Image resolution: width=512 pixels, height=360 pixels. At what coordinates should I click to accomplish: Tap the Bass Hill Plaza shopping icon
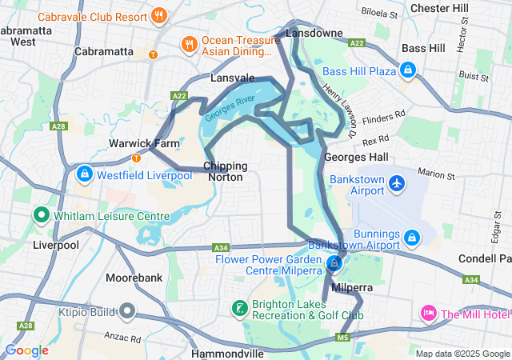click(x=409, y=70)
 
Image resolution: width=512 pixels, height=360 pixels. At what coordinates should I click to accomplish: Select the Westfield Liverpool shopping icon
click(x=84, y=174)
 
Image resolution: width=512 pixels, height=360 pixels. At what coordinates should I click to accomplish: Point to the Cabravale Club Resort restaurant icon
click(x=160, y=14)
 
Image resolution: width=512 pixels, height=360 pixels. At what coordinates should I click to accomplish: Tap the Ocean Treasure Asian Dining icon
click(x=189, y=44)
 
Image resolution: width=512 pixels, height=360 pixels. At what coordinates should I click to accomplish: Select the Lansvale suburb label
click(x=232, y=78)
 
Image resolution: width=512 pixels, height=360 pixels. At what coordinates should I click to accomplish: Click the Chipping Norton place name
click(x=226, y=171)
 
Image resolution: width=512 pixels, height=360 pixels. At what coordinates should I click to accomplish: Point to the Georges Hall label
click(x=356, y=157)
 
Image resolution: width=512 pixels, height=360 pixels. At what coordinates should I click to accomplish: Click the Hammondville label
click(x=228, y=353)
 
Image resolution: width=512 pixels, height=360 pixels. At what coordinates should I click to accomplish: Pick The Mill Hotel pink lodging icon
click(x=428, y=314)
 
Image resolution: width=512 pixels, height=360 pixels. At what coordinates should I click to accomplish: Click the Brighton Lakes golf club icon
click(x=238, y=309)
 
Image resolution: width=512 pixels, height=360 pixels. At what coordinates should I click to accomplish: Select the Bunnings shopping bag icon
click(x=412, y=237)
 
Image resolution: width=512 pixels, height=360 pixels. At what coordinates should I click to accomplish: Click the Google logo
click(x=26, y=350)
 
